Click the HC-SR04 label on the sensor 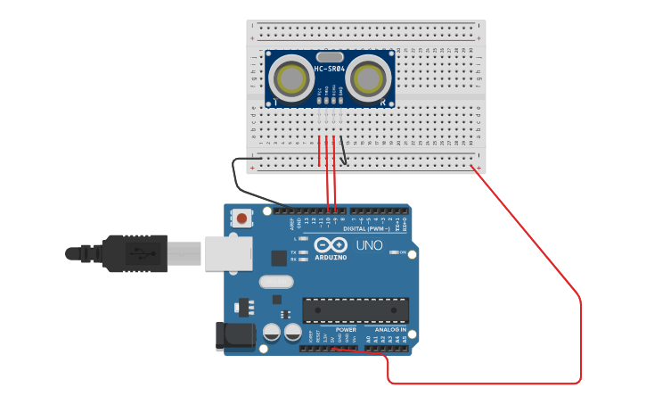click(330, 69)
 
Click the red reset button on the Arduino click(241, 217)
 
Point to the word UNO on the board click(369, 245)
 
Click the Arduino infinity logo click(331, 245)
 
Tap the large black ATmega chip click(356, 309)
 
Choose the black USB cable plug click(134, 252)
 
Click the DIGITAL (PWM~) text click(368, 228)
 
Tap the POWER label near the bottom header click(346, 329)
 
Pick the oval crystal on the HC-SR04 click(329, 56)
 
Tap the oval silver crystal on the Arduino click(275, 282)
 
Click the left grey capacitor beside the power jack click(272, 332)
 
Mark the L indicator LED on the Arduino click(304, 239)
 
